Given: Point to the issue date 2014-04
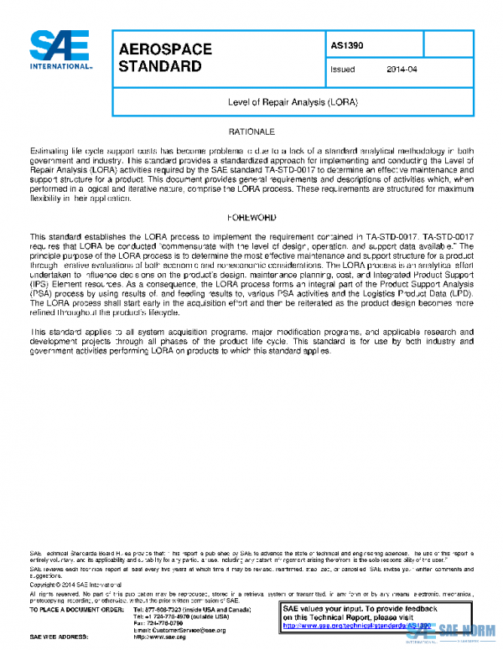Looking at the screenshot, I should point(402,70).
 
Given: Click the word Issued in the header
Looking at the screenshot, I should point(343,70).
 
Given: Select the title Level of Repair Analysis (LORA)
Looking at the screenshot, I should point(293,101).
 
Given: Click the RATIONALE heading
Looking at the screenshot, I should point(251,132).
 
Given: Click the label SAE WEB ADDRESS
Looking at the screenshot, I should point(58,637).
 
